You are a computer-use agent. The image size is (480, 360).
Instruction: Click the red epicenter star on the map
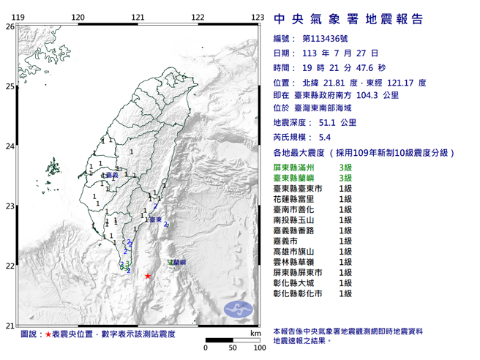pyautogui.click(x=148, y=276)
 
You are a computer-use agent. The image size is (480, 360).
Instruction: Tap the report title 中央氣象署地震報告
pyautogui.click(x=348, y=20)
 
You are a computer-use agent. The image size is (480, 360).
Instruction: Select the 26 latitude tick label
pyautogui.click(x=10, y=26)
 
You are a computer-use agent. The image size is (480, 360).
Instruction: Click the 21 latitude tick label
pyautogui.click(x=10, y=326)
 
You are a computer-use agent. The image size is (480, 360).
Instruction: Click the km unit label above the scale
pyautogui.click(x=255, y=333)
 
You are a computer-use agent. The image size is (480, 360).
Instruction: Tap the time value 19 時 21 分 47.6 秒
pyautogui.click(x=338, y=67)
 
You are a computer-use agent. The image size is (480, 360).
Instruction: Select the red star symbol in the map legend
pyautogui.click(x=48, y=334)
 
